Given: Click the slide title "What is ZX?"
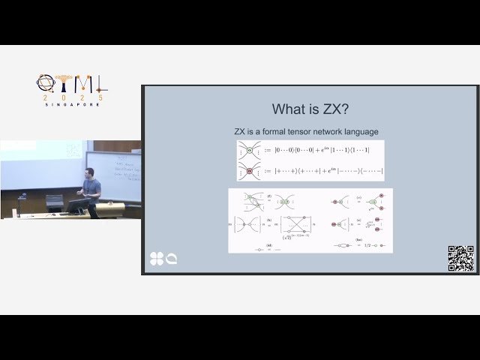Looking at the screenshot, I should click(310, 109).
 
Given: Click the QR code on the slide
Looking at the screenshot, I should click(460, 257).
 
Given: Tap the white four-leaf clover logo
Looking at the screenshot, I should click(156, 259).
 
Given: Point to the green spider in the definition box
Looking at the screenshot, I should click(249, 150).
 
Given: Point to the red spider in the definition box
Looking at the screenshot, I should click(249, 170).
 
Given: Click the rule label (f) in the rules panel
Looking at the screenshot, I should click(268, 196).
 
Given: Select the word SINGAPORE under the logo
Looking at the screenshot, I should click(70, 104).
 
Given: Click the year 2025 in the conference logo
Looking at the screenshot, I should click(70, 97).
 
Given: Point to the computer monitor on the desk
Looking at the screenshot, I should click(55, 202).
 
